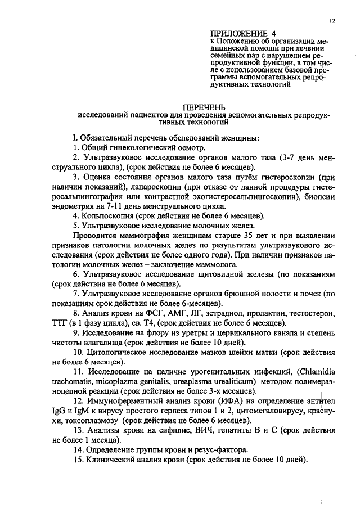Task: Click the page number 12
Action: point(333,20)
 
